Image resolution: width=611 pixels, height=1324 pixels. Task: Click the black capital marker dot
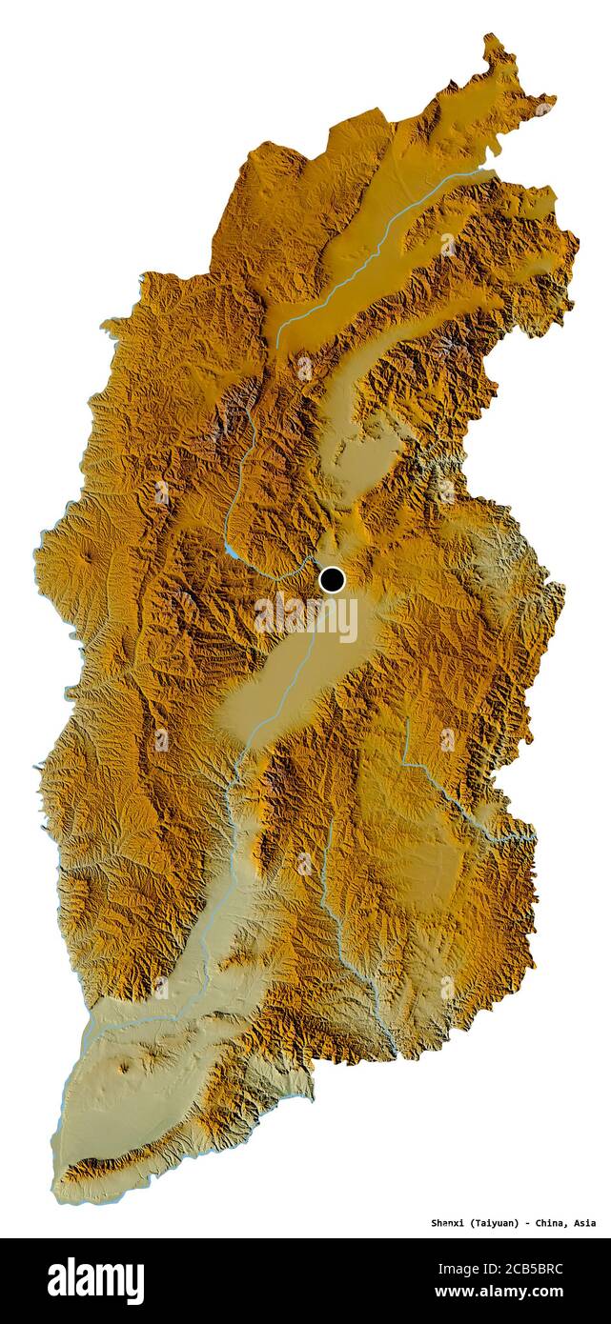click(x=332, y=579)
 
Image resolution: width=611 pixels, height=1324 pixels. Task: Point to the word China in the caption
click(x=553, y=1223)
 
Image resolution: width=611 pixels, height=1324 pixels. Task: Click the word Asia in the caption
click(x=584, y=1223)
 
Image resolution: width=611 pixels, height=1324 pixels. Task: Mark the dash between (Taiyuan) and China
click(x=530, y=1223)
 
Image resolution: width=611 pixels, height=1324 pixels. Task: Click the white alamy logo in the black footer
click(x=95, y=1280)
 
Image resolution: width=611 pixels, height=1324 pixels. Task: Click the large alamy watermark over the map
click(x=305, y=617)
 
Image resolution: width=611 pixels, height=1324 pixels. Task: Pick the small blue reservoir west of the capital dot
click(x=232, y=552)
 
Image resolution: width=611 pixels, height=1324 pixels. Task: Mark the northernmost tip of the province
click(x=492, y=38)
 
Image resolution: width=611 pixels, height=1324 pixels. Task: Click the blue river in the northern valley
click(x=381, y=243)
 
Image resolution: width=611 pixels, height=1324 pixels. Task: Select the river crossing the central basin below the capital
click(x=286, y=695)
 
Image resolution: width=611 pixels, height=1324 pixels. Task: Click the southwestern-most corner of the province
click(x=59, y=1196)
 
